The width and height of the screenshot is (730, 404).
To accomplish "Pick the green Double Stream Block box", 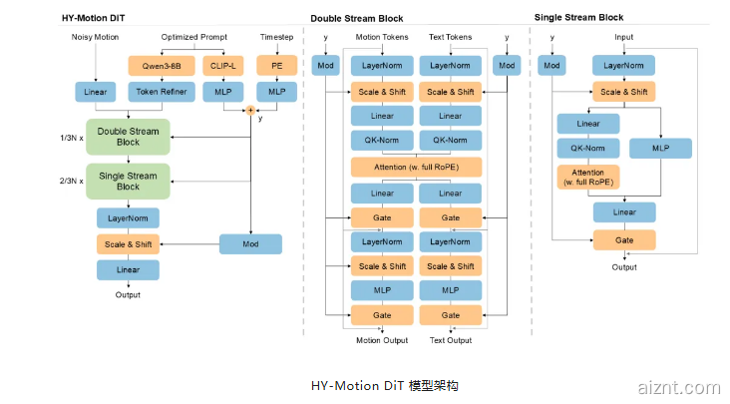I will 129,137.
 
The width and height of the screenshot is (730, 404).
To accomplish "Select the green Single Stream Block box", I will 129,181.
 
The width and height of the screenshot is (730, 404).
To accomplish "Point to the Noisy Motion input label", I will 96,37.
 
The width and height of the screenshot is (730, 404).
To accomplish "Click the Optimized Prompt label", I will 193,37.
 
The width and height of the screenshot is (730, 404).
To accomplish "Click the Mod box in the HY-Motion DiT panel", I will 250,243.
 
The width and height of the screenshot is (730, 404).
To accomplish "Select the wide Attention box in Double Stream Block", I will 416,167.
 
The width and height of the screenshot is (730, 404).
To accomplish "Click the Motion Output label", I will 382,340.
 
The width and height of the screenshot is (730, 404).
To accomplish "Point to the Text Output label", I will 451,340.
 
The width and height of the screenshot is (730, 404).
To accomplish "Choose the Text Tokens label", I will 451,37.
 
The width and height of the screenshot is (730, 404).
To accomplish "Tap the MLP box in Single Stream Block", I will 660,149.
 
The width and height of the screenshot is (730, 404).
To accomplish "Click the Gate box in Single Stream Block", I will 624,239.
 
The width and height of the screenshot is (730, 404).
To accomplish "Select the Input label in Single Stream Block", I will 623,37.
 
